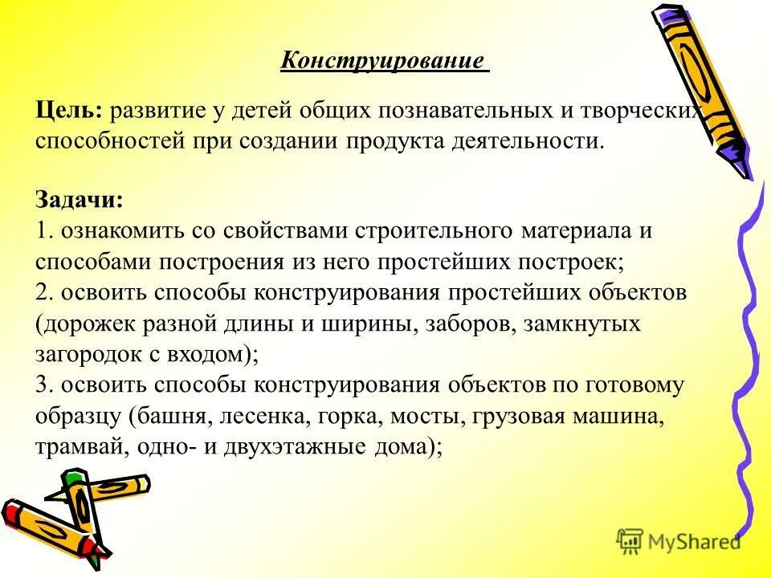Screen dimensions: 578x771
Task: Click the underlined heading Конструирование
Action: point(383,60)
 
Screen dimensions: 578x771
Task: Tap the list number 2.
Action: point(43,292)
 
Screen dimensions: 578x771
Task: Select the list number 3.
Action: point(43,385)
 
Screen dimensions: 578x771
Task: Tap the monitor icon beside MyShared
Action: point(631,540)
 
